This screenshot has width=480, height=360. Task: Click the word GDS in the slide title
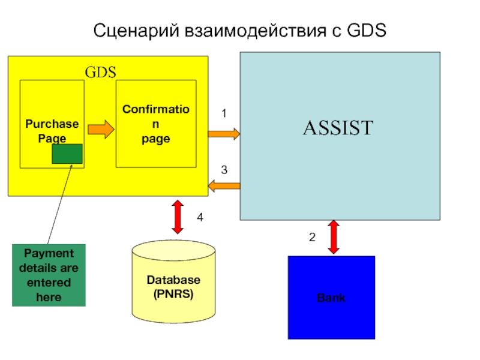click(x=366, y=29)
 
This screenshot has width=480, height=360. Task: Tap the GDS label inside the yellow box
click(x=100, y=73)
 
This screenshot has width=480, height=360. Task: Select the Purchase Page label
click(x=52, y=130)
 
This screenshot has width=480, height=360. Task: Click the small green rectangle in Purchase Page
click(x=67, y=154)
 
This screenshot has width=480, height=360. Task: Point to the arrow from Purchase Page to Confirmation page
click(x=100, y=129)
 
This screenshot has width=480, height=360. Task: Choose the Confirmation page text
click(x=155, y=124)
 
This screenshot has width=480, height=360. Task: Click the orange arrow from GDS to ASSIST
click(x=224, y=133)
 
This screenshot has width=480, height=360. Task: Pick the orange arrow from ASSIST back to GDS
click(x=224, y=187)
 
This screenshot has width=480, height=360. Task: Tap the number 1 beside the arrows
click(x=224, y=113)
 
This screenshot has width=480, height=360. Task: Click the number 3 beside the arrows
click(x=224, y=170)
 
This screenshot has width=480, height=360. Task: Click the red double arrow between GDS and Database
click(x=178, y=217)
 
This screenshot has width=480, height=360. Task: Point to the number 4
click(x=200, y=219)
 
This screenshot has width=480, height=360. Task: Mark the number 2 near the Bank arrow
click(x=312, y=238)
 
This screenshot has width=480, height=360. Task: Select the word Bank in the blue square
click(x=331, y=298)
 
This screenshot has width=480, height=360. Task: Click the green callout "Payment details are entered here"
click(x=49, y=275)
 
